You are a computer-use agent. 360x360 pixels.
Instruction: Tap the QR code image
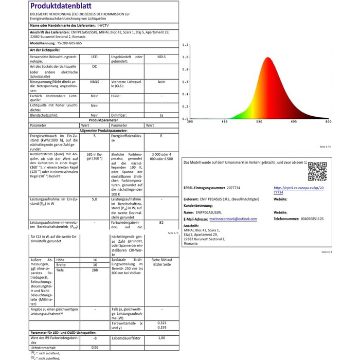317,172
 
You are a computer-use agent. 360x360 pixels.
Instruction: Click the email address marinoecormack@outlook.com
235,219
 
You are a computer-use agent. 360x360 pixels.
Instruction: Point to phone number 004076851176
316,219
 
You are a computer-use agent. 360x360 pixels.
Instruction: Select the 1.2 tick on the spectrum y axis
185,45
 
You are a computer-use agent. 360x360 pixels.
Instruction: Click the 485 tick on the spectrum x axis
225,122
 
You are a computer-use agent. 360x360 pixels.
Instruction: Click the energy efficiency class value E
161,136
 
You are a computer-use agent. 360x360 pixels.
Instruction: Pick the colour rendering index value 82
161,223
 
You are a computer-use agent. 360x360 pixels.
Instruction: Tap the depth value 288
95,270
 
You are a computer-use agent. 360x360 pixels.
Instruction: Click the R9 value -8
95,337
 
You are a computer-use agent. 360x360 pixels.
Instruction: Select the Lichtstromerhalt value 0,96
95,348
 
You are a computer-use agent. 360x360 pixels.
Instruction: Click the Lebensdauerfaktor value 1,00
161,337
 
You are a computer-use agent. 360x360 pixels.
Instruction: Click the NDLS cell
161,57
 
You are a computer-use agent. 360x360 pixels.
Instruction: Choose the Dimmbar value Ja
161,115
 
